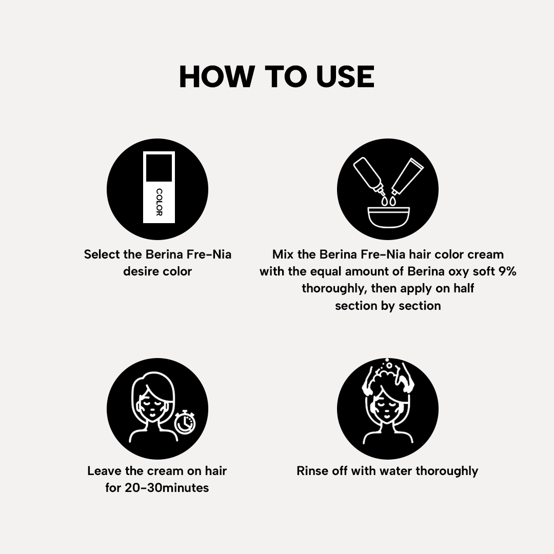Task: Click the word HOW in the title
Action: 217,76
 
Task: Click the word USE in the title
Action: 345,76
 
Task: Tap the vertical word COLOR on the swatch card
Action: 160,202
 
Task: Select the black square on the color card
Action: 159,168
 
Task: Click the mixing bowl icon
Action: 388,217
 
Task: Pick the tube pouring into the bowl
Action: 407,176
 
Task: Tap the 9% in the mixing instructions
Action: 507,271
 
